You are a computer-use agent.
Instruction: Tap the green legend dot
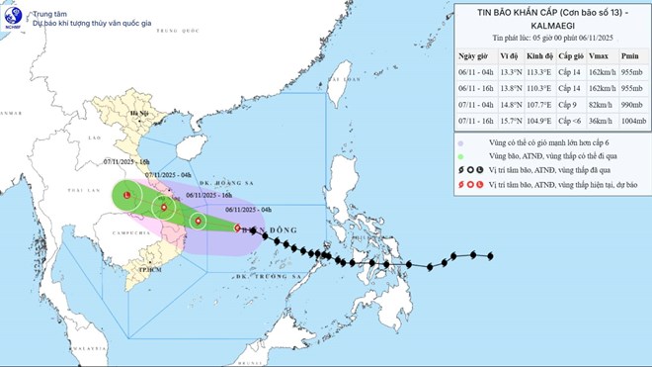pos(463,155)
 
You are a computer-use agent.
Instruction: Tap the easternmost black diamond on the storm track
pos(491,256)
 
